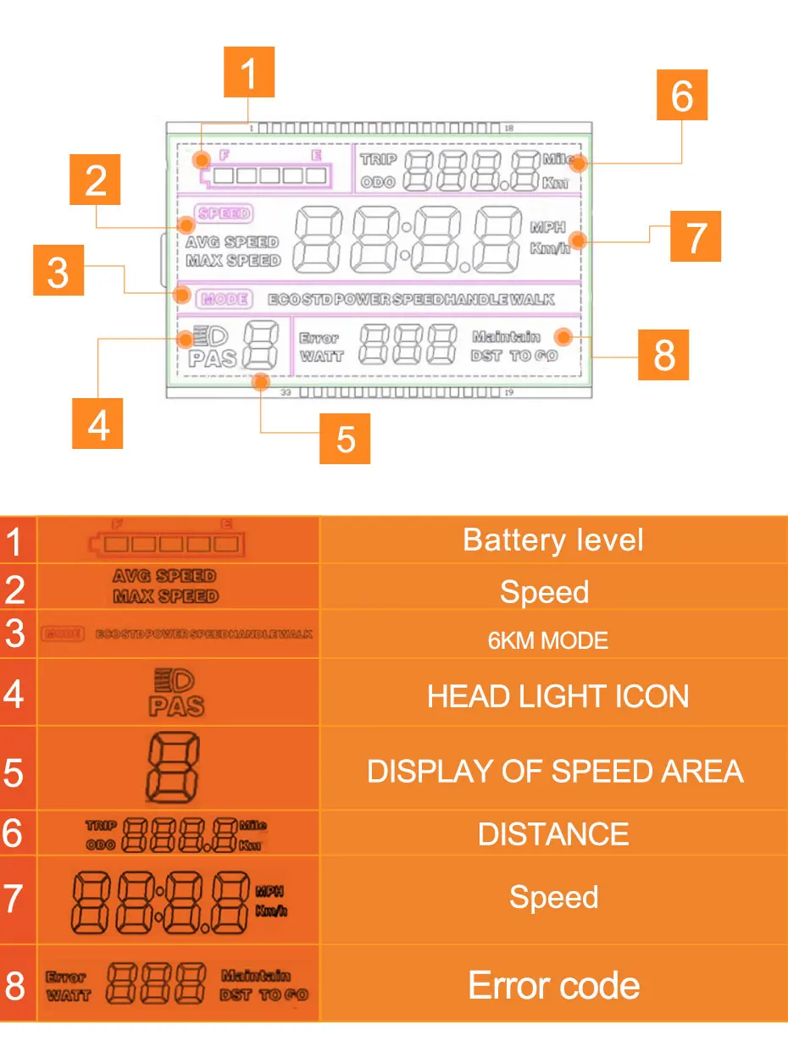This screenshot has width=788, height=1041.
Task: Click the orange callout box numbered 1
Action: pos(248,74)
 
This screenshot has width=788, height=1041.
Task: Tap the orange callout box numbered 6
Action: pos(682,95)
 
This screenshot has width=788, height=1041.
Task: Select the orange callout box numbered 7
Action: pos(695,236)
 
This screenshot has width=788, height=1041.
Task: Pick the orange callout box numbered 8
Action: pos(664,355)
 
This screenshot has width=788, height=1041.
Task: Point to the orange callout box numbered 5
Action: pos(345,438)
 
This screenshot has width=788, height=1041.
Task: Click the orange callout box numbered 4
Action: pos(97,424)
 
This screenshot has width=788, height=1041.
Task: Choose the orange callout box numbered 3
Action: pos(58,271)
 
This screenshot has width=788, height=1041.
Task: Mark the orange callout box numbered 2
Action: pos(97,180)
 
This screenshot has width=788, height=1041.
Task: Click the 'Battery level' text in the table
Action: pos(553,540)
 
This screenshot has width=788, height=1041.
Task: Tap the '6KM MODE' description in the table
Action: pos(548,640)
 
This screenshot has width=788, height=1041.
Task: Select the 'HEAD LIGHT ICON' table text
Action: pos(558,696)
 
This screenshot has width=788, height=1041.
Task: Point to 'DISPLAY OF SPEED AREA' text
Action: pos(555,771)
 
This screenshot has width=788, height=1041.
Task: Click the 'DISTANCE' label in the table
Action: pos(553,834)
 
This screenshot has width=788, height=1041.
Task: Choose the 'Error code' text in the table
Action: pos(554,985)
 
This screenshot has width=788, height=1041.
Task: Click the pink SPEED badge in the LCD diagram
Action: pos(223,214)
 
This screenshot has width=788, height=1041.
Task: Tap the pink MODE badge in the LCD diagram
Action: pos(223,298)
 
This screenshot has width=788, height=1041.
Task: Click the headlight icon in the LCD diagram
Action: pos(205,336)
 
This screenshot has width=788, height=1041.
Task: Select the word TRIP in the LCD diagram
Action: pos(378,159)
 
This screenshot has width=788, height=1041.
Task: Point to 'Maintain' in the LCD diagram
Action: pos(506,337)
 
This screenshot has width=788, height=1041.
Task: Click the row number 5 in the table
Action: pos(14,772)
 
